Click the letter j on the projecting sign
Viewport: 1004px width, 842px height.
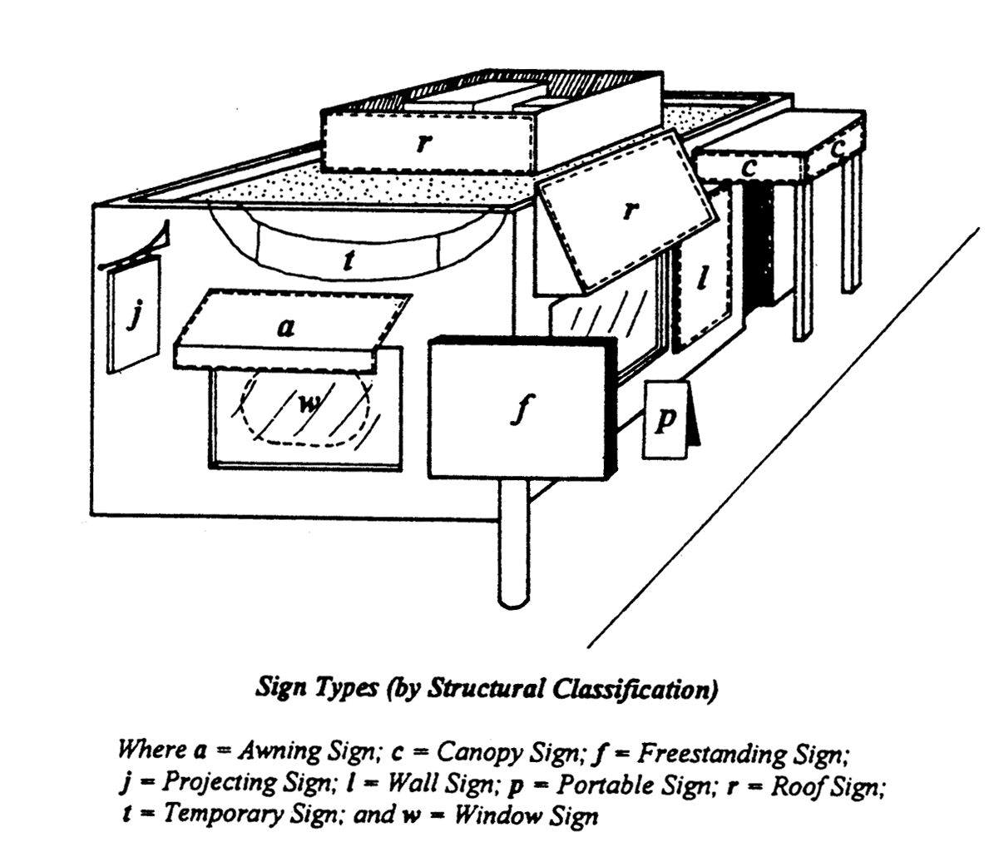click(131, 317)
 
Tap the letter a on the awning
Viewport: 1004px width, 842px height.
click(285, 328)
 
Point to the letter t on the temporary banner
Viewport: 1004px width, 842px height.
click(349, 261)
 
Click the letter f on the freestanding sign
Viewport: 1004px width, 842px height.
click(520, 409)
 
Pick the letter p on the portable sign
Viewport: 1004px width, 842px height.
click(665, 420)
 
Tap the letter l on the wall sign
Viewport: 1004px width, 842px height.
click(703, 280)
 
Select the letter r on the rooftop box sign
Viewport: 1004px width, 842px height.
click(425, 142)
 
